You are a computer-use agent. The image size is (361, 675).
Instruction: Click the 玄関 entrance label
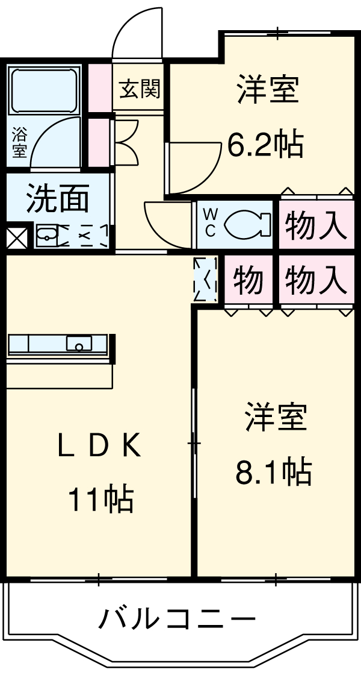tap(139, 90)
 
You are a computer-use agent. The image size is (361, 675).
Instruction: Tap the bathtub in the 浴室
tap(45, 90)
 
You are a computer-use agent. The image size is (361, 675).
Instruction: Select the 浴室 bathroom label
tap(19, 142)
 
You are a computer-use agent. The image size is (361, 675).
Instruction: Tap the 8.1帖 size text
tap(273, 471)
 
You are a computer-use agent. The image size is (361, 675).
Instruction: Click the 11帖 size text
tap(100, 498)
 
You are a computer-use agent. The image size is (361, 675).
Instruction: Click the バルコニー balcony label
tap(177, 619)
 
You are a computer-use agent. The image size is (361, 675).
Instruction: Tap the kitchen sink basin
tap(79, 344)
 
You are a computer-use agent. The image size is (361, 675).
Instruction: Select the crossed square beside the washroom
tap(16, 237)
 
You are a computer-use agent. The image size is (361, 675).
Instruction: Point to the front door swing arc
tap(137, 33)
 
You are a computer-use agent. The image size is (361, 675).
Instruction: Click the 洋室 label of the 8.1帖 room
tap(276, 418)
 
